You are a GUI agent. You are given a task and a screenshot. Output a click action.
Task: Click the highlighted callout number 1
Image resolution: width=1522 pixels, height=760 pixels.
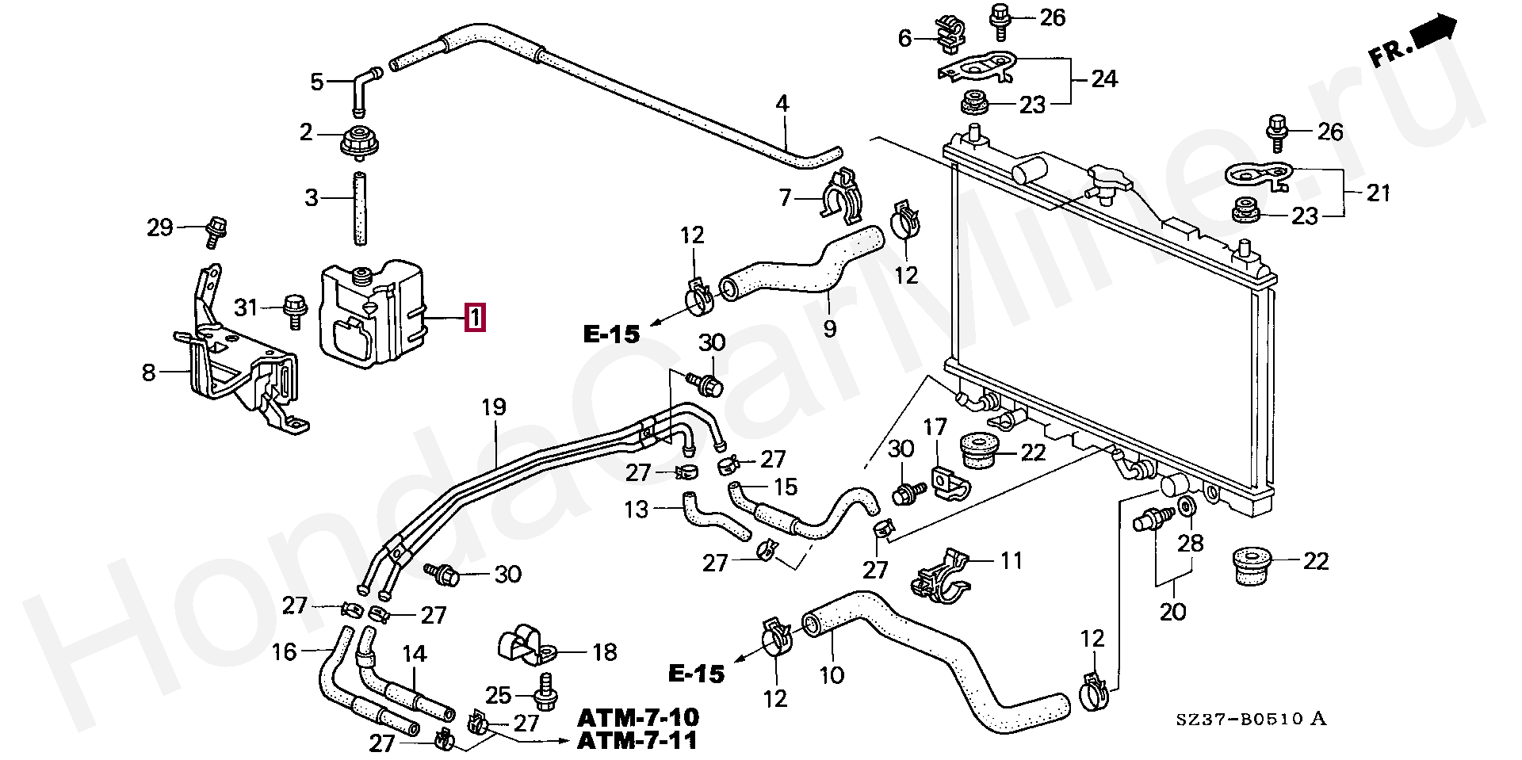[x=474, y=319]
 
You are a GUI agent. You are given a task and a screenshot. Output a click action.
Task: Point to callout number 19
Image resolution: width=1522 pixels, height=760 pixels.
[x=493, y=407]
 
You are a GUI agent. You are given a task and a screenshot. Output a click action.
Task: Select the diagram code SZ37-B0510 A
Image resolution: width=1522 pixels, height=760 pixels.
[x=1250, y=720]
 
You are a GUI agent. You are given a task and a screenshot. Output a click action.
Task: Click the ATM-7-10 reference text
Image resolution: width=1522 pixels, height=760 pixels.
[x=638, y=718]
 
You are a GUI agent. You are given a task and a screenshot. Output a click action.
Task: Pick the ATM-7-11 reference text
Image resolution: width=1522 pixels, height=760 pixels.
[x=638, y=741]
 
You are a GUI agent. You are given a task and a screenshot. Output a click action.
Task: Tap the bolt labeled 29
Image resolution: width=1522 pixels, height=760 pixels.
[x=214, y=230]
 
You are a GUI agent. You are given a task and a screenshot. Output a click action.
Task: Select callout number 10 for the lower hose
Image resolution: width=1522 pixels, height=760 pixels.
[x=832, y=674]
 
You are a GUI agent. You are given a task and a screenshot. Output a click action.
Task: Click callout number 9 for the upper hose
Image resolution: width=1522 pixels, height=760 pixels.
[x=829, y=326]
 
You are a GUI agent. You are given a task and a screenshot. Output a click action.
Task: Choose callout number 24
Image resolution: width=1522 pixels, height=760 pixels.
[x=1104, y=78]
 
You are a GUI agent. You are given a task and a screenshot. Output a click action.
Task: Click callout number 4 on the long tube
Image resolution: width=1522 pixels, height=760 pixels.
[x=782, y=103]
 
